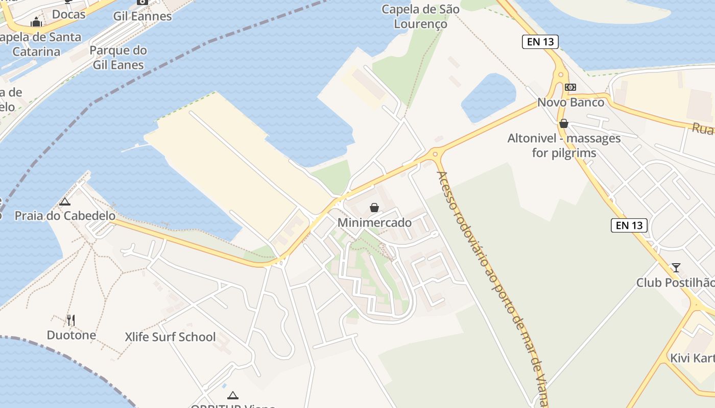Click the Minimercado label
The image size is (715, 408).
[374, 223]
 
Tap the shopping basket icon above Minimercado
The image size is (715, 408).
[374, 208]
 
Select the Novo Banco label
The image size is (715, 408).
[570, 103]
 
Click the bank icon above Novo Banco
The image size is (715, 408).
[570, 87]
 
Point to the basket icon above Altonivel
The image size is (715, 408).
[564, 123]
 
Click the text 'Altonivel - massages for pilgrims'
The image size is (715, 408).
[564, 145]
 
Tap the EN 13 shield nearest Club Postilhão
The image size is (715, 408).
[629, 225]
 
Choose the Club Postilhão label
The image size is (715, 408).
[675, 283]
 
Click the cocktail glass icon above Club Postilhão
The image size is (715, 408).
[676, 267]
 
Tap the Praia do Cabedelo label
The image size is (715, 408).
[65, 216]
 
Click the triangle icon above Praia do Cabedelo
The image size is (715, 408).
[65, 201]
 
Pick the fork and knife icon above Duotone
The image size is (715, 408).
[71, 320]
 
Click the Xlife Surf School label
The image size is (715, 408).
[170, 337]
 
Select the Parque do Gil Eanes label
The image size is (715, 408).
[118, 58]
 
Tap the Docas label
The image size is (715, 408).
[69, 14]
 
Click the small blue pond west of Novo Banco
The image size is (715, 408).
[488, 97]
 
